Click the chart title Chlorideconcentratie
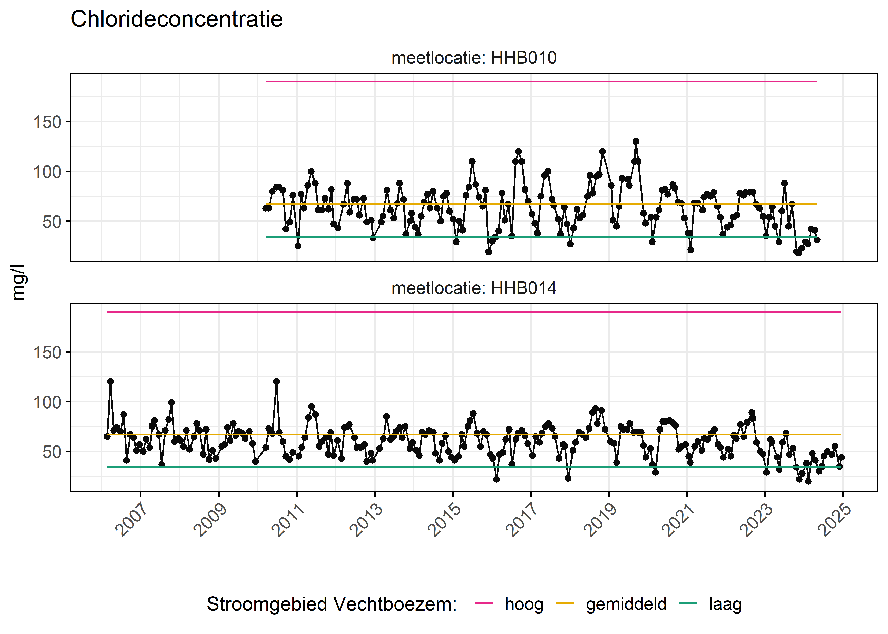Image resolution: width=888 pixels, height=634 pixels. coord(177,19)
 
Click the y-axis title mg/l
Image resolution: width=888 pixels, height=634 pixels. coord(18,282)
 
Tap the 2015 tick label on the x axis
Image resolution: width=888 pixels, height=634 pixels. coord(445,520)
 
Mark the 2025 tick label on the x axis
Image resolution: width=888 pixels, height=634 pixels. coord(836,520)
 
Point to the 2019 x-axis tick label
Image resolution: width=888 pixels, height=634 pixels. coord(601,520)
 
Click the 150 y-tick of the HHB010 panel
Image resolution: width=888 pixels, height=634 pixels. coord(47,122)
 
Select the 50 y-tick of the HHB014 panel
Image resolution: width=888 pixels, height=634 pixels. coord(52,452)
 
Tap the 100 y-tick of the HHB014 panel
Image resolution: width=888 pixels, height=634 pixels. coord(47,402)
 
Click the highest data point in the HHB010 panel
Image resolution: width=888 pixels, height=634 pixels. coord(636,141)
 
